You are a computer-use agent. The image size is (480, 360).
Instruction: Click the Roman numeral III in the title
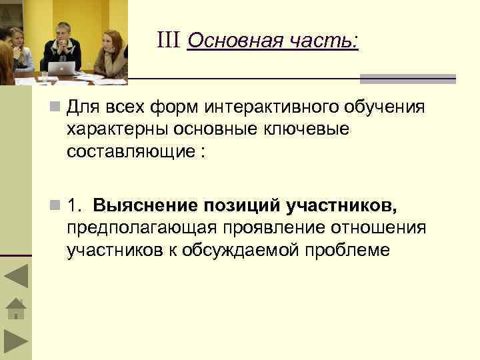(x=170, y=41)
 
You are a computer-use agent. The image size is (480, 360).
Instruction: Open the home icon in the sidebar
(x=15, y=309)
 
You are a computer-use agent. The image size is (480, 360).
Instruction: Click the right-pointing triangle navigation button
(x=16, y=341)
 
